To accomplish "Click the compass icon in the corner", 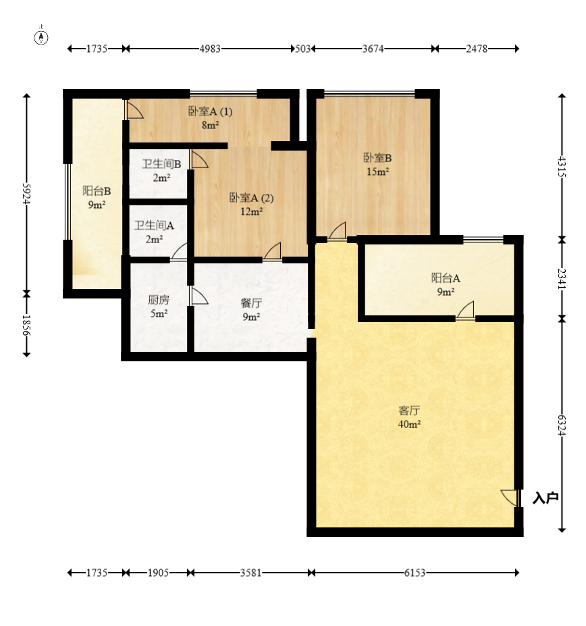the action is [41, 37].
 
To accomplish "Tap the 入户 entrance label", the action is [545, 498].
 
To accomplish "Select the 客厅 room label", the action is [409, 411].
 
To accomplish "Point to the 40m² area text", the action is [409, 424].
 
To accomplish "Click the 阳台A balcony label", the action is [446, 278].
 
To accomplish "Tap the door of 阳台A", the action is [465, 311].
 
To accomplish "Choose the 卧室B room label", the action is [377, 158].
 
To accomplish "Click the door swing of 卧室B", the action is [338, 231].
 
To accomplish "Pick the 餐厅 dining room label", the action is [252, 303].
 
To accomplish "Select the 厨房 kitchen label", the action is [159, 300].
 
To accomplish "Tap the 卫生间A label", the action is [154, 226].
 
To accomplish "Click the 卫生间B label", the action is [161, 164].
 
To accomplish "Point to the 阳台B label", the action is [97, 191].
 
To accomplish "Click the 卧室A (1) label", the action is [211, 111].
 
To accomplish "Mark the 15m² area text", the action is [377, 172].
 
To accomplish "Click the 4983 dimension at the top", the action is [210, 49].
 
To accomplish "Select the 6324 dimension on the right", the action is [562, 425].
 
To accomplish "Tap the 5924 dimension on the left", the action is [26, 194].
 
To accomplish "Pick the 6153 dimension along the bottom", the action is [415, 573].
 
